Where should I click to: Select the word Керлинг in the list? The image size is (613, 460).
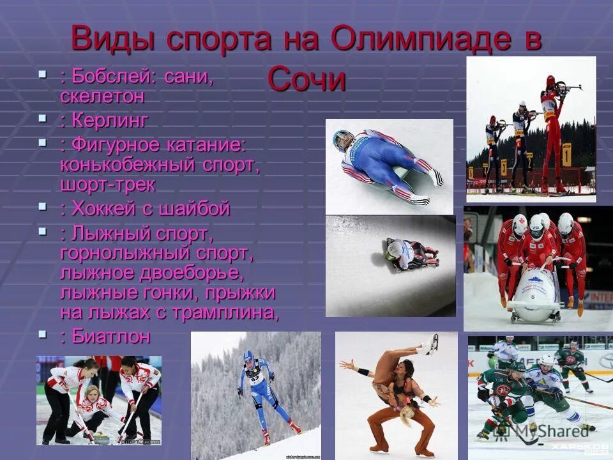click(x=110, y=119)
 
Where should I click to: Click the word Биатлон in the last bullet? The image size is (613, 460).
click(x=111, y=336)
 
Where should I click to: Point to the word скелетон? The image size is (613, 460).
click(x=102, y=96)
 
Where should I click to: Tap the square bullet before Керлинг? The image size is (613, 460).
click(x=43, y=118)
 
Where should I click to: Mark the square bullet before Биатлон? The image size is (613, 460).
click(x=43, y=334)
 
